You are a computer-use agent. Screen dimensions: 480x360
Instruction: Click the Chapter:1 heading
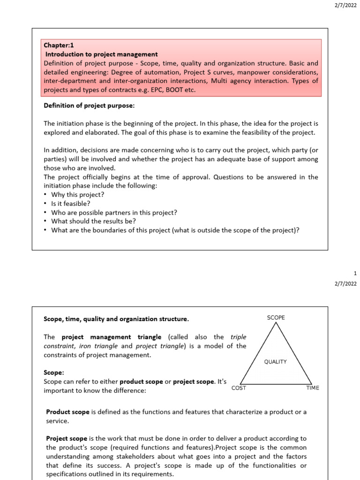[59, 45]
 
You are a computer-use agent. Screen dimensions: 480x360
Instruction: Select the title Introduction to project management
[101, 54]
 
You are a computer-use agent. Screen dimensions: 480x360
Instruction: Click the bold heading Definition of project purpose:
[89, 106]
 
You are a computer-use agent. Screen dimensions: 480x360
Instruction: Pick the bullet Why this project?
[77, 195]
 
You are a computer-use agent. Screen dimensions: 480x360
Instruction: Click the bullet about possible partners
[114, 212]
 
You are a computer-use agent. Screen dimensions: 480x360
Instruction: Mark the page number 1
[355, 273]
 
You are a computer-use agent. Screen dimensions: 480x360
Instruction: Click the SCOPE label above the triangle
[276, 318]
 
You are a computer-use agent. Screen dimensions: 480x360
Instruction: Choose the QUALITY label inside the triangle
[275, 362]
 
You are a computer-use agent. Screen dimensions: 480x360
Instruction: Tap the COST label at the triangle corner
[239, 388]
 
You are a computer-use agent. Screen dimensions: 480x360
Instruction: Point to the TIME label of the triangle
[312, 388]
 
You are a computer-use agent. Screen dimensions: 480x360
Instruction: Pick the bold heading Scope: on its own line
[53, 373]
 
